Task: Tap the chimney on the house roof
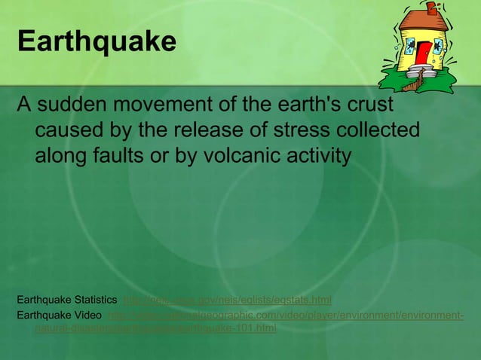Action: [432, 8]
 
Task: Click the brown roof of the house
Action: [424, 21]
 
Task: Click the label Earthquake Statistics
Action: [66, 300]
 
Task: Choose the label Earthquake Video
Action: [60, 314]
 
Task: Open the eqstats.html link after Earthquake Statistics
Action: [227, 300]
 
